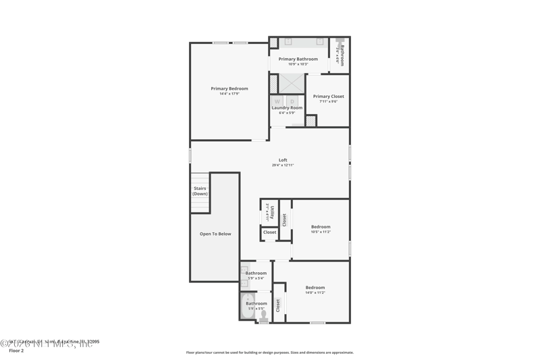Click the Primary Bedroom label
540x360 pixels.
[x=229, y=88]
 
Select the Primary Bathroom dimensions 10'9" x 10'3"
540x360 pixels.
[x=298, y=64]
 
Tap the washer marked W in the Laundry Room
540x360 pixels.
[x=277, y=101]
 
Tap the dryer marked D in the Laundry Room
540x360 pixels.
[x=292, y=101]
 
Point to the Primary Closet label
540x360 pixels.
[x=328, y=97]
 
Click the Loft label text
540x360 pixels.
[x=283, y=160]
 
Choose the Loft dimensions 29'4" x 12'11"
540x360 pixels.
[x=283, y=165]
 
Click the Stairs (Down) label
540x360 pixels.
[x=200, y=191]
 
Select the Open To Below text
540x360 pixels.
[x=215, y=234]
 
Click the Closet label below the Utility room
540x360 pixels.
[x=269, y=232]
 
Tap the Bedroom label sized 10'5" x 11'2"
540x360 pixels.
[x=321, y=227]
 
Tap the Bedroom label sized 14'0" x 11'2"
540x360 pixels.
[x=315, y=288]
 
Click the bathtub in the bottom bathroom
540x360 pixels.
[x=248, y=305]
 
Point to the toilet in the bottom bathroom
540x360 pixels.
[x=263, y=316]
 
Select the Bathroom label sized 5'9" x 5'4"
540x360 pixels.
[x=256, y=274]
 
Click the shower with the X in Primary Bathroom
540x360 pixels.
[x=292, y=83]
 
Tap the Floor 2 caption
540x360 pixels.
[x=16, y=351]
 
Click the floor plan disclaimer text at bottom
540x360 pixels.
[x=269, y=353]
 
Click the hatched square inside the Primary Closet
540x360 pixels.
[x=310, y=121]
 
